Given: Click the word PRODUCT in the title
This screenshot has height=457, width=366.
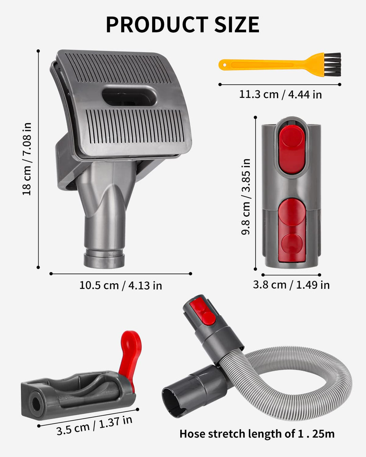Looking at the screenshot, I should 157,25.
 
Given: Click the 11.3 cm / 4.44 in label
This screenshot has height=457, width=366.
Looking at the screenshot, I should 280,94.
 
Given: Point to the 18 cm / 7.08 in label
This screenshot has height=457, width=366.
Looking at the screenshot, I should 27,159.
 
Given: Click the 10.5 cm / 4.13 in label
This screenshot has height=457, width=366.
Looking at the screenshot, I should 120,285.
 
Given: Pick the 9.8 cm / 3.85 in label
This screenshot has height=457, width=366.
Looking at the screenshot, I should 246,196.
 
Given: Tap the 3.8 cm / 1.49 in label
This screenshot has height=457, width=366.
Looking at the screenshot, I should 291,285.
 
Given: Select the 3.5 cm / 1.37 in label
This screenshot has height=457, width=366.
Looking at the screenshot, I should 94,426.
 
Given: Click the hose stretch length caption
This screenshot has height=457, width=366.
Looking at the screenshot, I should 257,434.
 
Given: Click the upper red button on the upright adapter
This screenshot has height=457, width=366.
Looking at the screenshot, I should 291,149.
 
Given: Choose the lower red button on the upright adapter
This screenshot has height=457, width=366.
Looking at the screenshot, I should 291,230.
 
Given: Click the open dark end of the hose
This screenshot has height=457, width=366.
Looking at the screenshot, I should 173,402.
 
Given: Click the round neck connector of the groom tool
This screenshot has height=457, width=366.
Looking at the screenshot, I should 104,257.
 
